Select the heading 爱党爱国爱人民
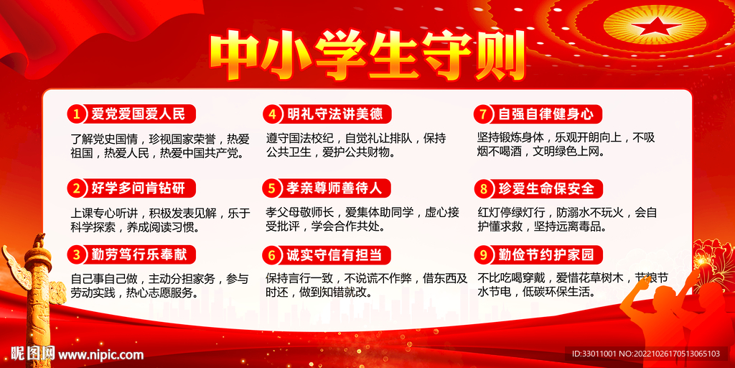pyautogui.click(x=139, y=114)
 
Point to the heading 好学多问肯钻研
pyautogui.click(x=139, y=188)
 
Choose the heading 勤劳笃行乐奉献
pyautogui.click(x=139, y=254)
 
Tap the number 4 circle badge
pyautogui.click(x=271, y=114)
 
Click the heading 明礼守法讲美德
pyautogui.click(x=334, y=114)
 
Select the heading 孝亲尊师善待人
pyautogui.click(x=334, y=188)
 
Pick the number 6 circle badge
pyautogui.click(x=271, y=254)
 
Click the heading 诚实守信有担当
pyautogui.click(x=334, y=254)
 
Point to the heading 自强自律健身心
pyautogui.click(x=546, y=114)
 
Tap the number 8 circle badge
pyautogui.click(x=484, y=189)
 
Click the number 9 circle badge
pyautogui.click(x=484, y=254)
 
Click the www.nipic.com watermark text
pyautogui.click(x=100, y=354)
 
